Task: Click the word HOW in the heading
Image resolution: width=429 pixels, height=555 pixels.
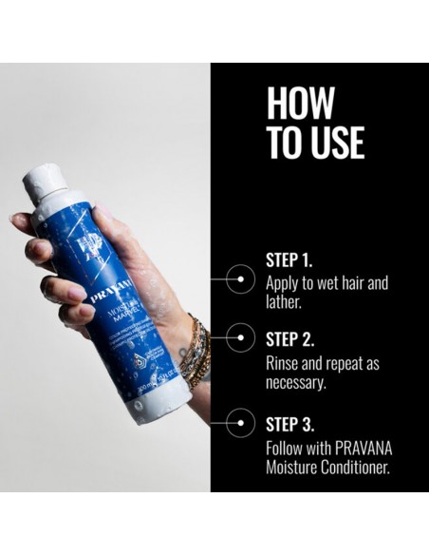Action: point(301,104)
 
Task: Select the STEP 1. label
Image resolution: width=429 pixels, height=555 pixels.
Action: point(289,258)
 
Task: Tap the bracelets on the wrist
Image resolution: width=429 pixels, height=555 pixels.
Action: point(197,350)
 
